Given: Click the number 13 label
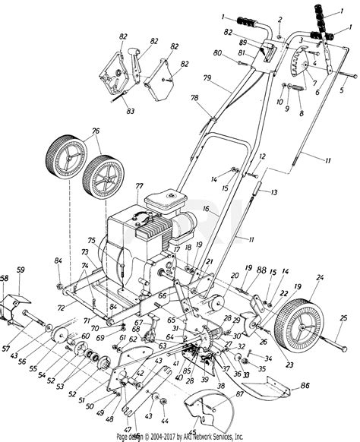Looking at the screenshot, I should (273, 191).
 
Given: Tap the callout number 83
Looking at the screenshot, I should (131, 111).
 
